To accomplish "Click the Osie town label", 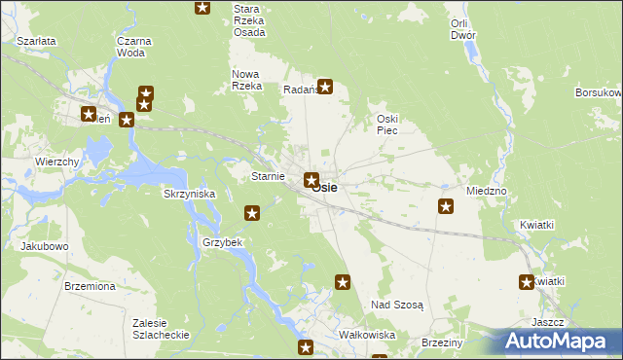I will (x=326, y=187).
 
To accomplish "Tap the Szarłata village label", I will (x=37, y=42).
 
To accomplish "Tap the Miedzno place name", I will (x=487, y=191).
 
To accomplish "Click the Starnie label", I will (x=268, y=176).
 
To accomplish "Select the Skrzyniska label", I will (x=189, y=194).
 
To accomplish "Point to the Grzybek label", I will (x=222, y=241).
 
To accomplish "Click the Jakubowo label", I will (x=45, y=246).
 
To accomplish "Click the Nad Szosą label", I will (x=397, y=305).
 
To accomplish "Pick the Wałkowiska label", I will (x=366, y=335).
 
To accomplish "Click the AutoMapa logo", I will (x=555, y=341).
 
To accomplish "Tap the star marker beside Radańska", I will (x=326, y=86).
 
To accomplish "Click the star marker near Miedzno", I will (x=446, y=205).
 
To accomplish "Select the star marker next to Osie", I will (x=311, y=179).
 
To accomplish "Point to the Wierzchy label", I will (x=56, y=162).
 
